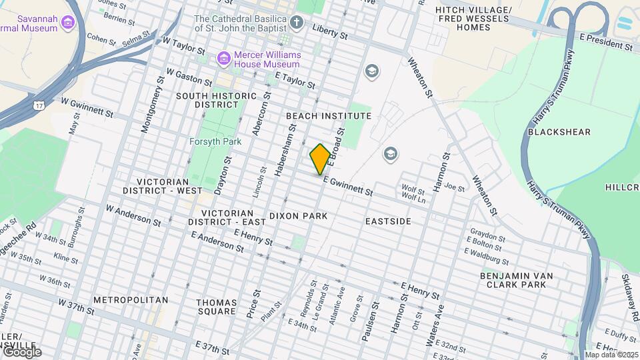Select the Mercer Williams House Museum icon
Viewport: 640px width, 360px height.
[223, 59]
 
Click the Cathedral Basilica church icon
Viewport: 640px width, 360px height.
[297, 23]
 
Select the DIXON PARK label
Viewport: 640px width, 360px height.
[298, 216]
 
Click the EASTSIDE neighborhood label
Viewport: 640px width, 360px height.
[389, 221]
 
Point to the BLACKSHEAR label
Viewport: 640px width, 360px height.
[559, 132]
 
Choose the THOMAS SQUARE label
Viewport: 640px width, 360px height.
[216, 307]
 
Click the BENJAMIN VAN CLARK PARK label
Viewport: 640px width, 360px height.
[516, 280]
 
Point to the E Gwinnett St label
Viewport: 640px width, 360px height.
[347, 186]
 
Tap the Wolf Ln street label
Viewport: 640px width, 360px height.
[413, 198]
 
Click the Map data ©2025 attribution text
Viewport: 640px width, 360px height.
[611, 355]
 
